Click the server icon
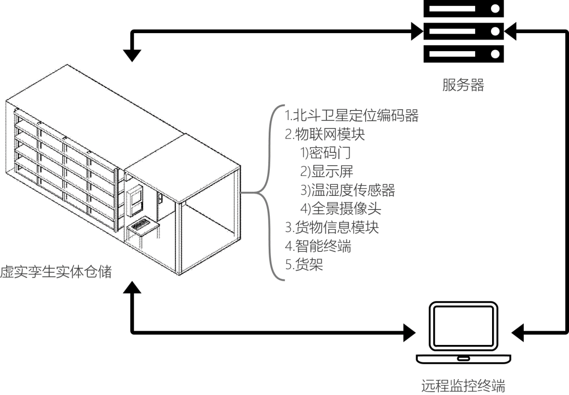[463, 31]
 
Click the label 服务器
[463, 85]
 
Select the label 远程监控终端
[463, 386]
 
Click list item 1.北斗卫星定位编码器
[352, 115]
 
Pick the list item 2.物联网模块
[325, 134]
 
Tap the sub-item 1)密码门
[325, 153]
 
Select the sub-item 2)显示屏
[327, 171]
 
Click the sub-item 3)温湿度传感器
[348, 190]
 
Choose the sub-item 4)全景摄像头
[341, 209]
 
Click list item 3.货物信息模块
[332, 227]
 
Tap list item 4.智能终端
[318, 245]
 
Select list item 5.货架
[304, 264]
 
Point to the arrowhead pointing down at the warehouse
[132, 55]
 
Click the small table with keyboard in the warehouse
[142, 228]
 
